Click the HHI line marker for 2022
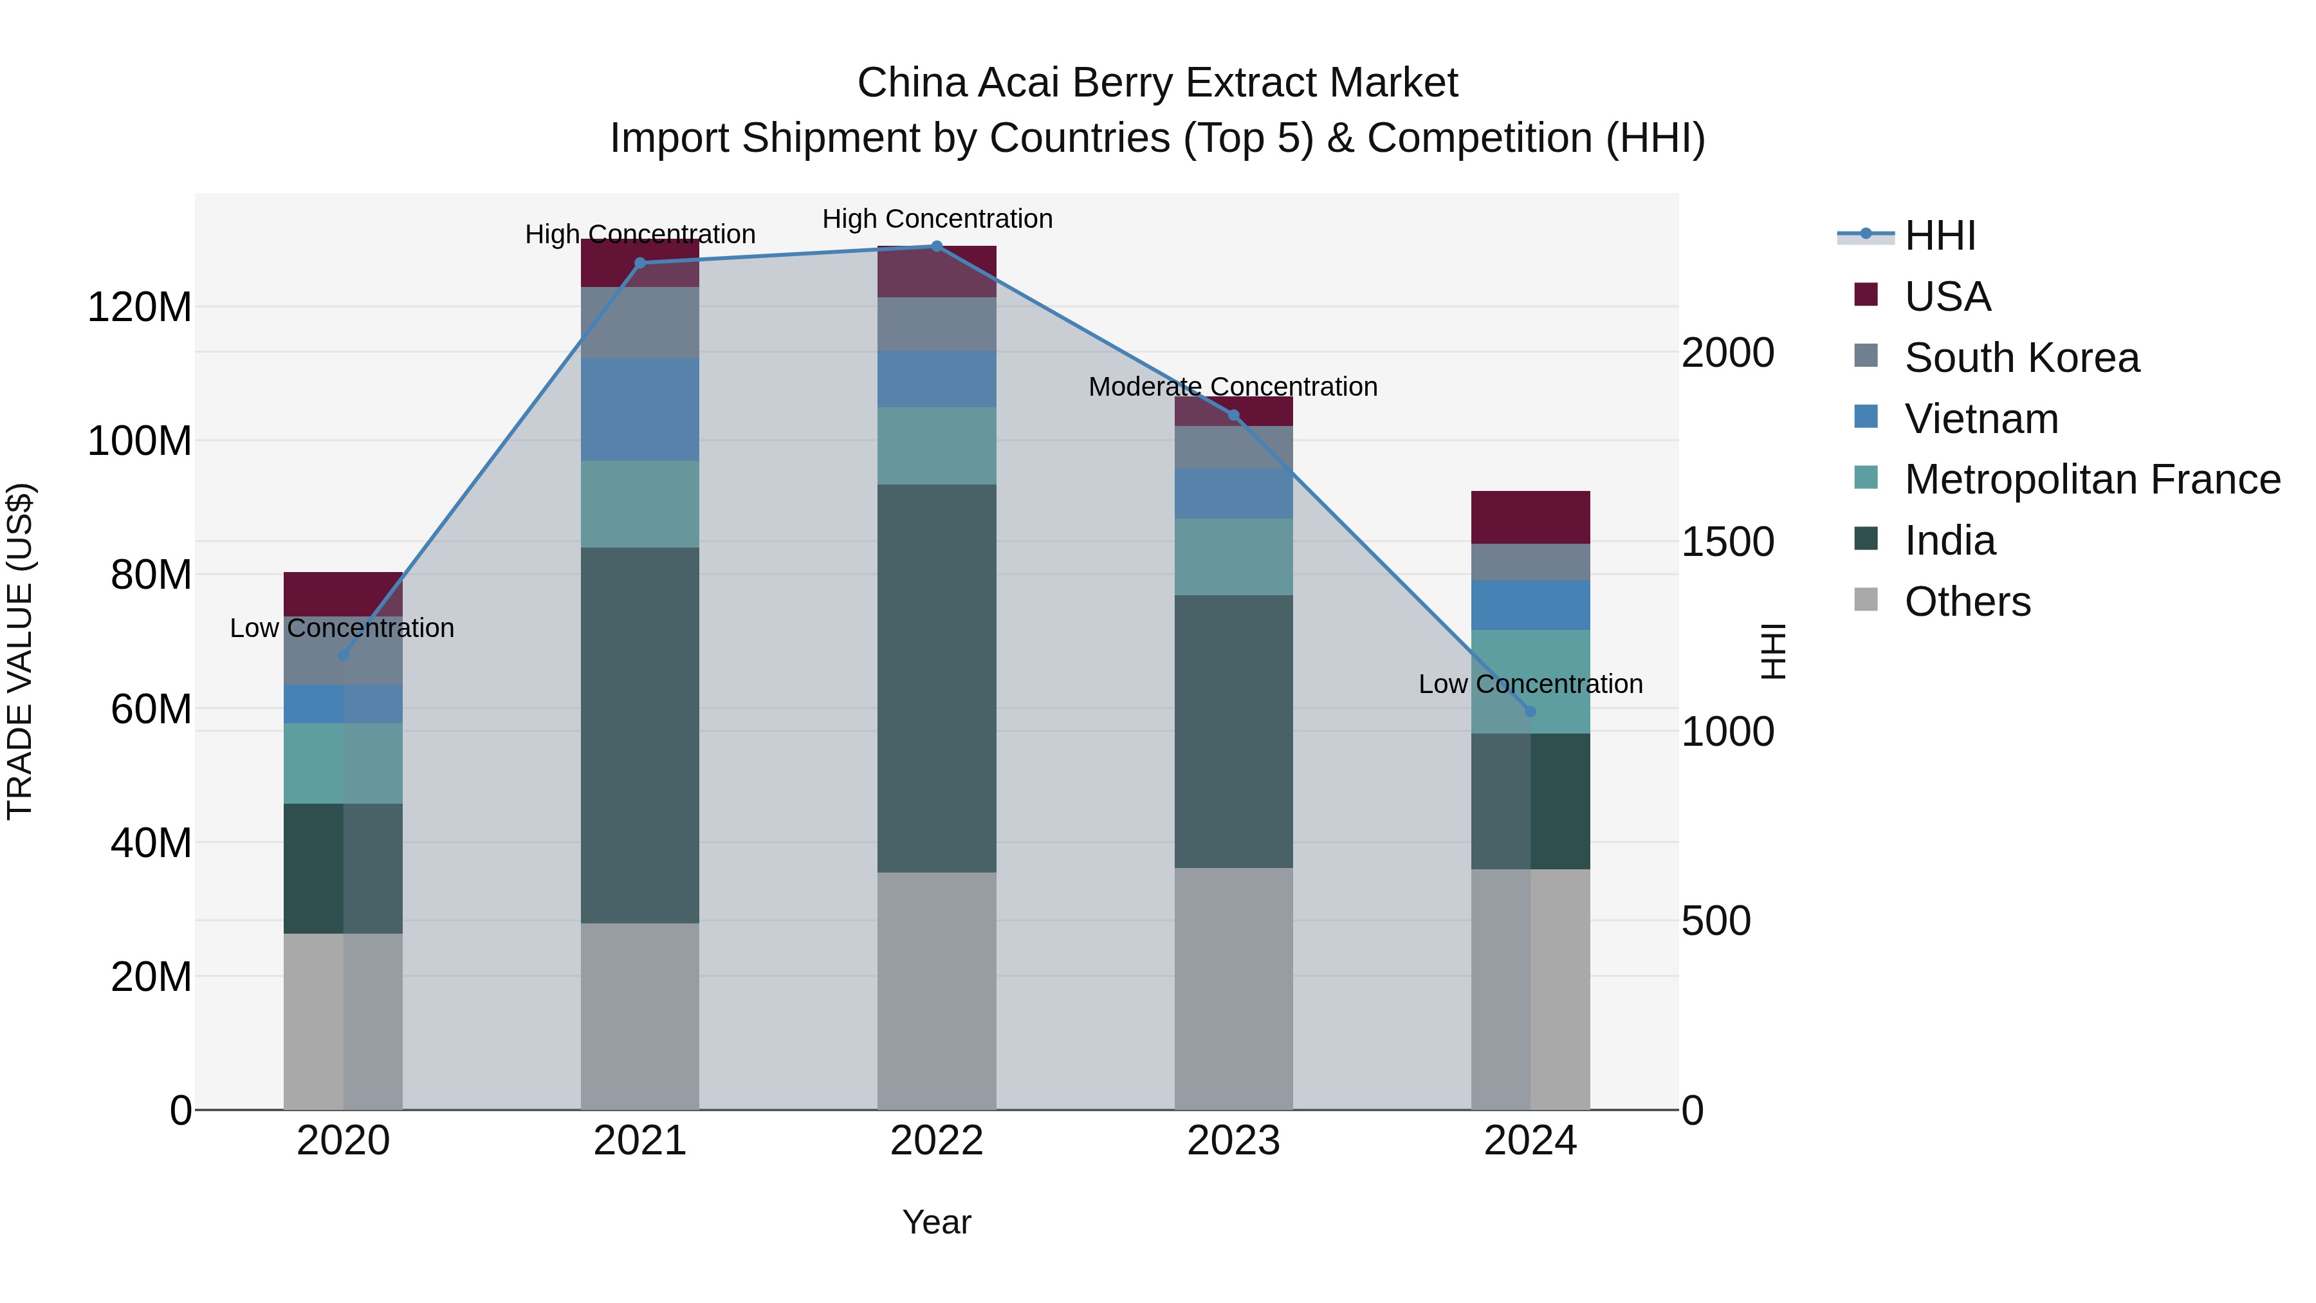936,246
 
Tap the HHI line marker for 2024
1530,711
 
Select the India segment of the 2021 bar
639,735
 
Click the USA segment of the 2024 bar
1530,517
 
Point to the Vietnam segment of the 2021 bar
639,409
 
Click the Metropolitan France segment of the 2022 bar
936,446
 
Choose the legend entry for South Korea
2021,358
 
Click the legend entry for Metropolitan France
2091,479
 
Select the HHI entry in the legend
1939,236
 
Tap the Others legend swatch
1866,600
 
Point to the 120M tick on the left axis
140,308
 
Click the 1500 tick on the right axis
1727,542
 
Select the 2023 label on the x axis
1233,1141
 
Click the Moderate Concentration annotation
1233,387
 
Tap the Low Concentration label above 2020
342,627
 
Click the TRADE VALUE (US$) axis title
20,651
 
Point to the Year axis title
936,1222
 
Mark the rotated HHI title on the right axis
1772,651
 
